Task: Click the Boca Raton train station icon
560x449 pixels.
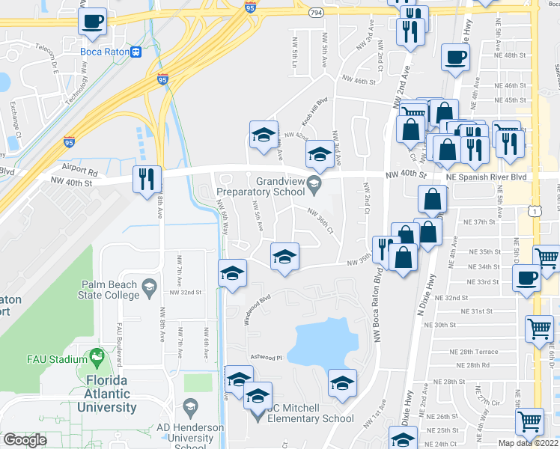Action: pos(136,52)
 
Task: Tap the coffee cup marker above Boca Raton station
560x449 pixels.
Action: pos(93,22)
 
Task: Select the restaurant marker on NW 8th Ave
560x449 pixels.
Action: pos(146,179)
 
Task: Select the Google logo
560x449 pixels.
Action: pos(25,440)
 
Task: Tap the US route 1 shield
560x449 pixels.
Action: pos(534,213)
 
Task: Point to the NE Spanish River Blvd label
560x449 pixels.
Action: pos(487,177)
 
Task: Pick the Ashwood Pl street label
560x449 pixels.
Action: pos(265,358)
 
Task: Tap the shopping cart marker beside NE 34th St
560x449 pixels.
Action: pos(547,259)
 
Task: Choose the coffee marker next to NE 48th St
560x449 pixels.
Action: pos(454,57)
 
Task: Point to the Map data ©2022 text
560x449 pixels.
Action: pos(526,443)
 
